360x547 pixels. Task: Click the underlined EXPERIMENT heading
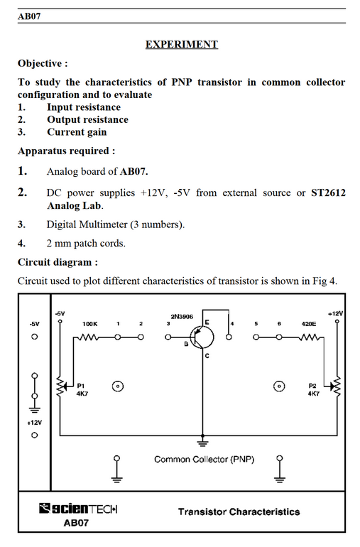point(181,45)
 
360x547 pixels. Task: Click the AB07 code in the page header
point(29,16)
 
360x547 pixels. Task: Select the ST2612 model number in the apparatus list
point(328,193)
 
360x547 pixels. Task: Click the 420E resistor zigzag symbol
point(309,337)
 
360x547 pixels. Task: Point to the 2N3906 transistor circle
point(202,337)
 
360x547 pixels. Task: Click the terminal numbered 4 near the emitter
point(229,337)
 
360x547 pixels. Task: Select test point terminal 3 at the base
point(168,337)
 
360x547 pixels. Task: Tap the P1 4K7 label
point(82,390)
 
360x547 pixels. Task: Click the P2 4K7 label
point(313,390)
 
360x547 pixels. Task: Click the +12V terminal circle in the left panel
point(34,435)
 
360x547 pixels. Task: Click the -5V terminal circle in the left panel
point(34,337)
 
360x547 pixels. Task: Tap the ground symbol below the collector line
point(202,442)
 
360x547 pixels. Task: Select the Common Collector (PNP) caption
point(204,459)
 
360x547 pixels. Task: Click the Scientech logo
point(78,509)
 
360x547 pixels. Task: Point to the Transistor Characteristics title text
point(239,511)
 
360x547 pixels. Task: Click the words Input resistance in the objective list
point(84,107)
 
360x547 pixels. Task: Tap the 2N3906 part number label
point(182,316)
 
